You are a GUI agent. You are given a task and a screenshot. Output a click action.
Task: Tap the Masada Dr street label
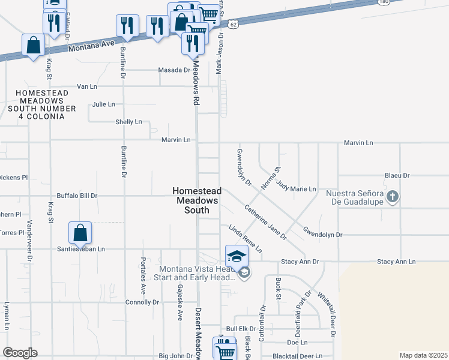point(174,70)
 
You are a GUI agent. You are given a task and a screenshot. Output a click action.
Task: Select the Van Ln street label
point(87,87)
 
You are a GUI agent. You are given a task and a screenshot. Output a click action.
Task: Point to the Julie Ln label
point(103,104)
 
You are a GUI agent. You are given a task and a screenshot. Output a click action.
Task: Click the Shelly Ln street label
point(128,122)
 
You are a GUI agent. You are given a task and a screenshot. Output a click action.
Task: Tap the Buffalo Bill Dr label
point(77,196)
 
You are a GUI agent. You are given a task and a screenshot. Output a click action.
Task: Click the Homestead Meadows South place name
point(197,200)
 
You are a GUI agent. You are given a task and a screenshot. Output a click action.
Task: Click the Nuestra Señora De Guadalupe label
point(354,198)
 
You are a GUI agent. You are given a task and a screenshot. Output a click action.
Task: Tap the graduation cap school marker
point(237,256)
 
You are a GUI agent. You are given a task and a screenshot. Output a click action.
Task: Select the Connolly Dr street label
point(142,302)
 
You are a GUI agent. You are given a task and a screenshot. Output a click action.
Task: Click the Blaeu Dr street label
point(397,176)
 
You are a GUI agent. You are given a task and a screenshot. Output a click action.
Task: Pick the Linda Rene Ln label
point(245,238)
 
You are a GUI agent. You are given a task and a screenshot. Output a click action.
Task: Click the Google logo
point(20,353)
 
